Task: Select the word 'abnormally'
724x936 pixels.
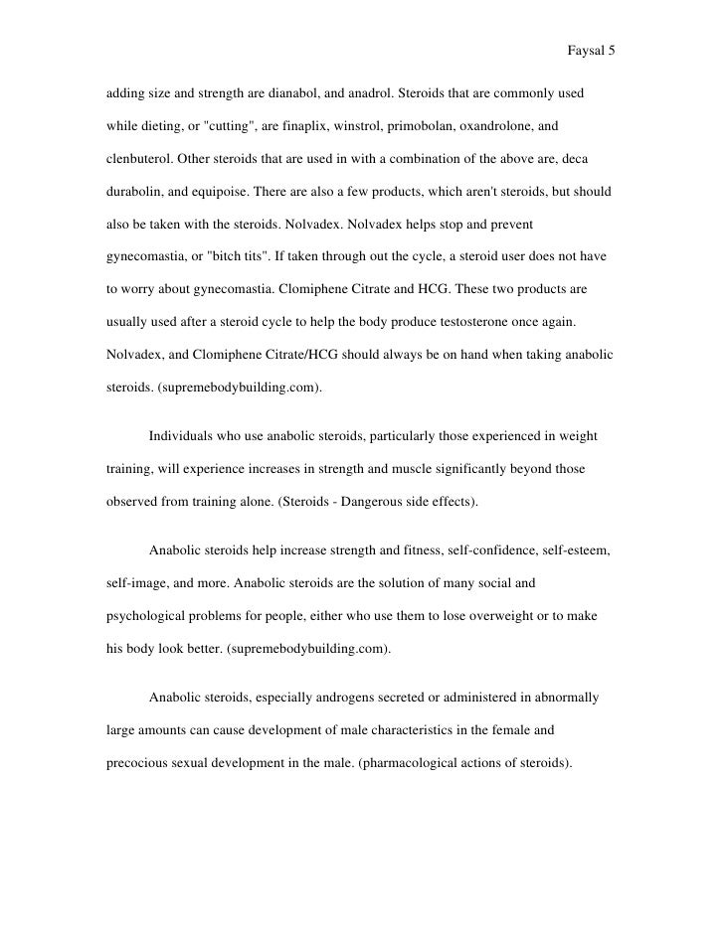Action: (562, 698)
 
